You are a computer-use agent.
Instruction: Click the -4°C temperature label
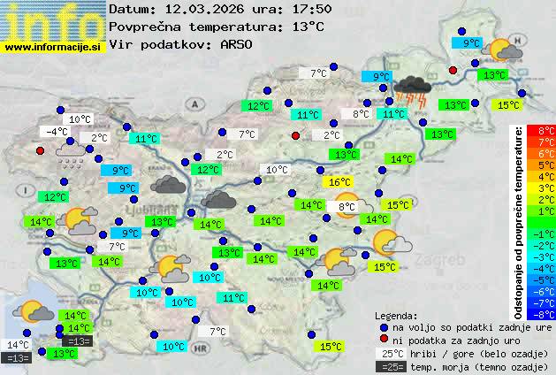pyautogui.click(x=58, y=132)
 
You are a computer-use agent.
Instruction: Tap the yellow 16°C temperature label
pyautogui.click(x=339, y=182)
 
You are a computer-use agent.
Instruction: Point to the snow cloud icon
pyautogui.click(x=72, y=157)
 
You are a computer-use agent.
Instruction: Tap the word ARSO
pyautogui.click(x=241, y=44)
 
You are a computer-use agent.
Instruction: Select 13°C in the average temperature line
pyautogui.click(x=307, y=27)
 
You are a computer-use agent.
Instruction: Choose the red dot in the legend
pyautogui.click(x=383, y=340)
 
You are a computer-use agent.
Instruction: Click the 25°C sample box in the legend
pyautogui.click(x=390, y=353)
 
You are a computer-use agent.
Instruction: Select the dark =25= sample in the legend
pyautogui.click(x=390, y=366)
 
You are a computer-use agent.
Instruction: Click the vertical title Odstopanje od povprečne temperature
pyautogui.click(x=519, y=221)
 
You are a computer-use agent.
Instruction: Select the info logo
pyautogui.click(x=53, y=19)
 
